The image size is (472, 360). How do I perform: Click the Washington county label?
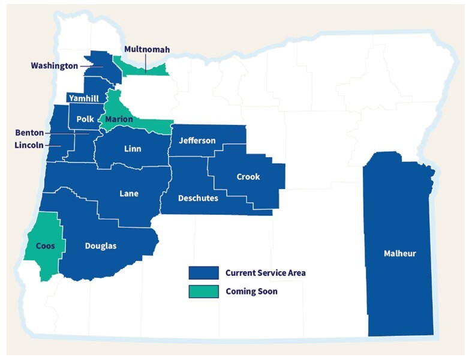tap(54, 66)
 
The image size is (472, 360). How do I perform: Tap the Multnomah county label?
tap(146, 49)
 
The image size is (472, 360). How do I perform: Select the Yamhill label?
tap(83, 98)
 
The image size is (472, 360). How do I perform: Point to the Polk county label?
tap(83, 119)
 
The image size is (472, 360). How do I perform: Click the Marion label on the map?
tap(119, 119)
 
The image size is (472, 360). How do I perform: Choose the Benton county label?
tap(28, 133)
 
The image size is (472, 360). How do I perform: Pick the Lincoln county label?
tap(29, 145)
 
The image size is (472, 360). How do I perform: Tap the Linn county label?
tap(133, 148)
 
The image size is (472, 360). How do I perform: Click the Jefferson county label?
tap(197, 140)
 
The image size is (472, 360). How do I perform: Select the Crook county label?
tap(248, 177)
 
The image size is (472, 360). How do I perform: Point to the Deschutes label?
tap(198, 197)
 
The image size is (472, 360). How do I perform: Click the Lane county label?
tap(129, 193)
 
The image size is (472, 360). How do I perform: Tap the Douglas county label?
tap(101, 246)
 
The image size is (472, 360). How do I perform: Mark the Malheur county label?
tap(399, 253)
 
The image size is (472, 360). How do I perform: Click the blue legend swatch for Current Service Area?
tap(203, 273)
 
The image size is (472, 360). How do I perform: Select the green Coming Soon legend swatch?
tap(203, 292)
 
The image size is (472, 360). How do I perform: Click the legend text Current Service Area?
tap(265, 273)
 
